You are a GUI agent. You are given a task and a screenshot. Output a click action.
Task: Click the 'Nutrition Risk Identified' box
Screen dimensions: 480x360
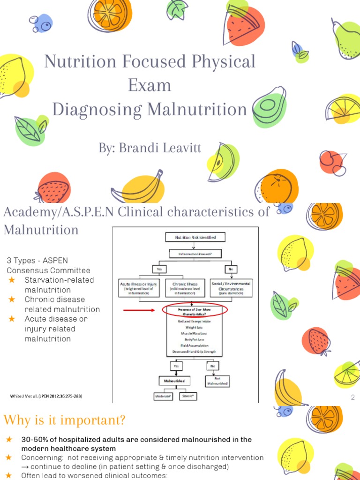(195, 238)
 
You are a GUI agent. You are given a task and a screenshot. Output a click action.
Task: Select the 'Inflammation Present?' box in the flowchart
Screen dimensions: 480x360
(195, 254)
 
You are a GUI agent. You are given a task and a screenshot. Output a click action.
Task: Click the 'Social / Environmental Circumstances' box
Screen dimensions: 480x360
(232, 286)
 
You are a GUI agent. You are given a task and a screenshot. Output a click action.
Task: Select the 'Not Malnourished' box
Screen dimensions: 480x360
(217, 381)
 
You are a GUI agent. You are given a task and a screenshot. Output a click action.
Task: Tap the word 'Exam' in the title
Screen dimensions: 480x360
(150, 85)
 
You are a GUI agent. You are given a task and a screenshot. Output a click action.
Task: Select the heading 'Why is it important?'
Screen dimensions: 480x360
(64, 420)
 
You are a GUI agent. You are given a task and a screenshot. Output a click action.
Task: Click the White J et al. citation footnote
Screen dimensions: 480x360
(46, 396)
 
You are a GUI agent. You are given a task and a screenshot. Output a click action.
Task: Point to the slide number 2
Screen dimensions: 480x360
(352, 398)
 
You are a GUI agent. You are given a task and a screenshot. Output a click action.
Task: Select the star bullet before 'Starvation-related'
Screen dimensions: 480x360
(12, 280)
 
